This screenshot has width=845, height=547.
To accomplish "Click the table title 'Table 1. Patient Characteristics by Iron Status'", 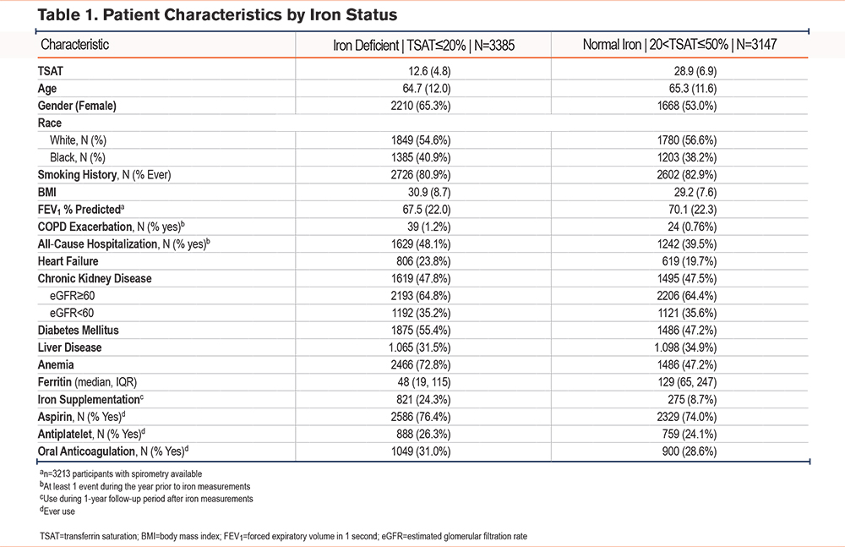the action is (x=217, y=14).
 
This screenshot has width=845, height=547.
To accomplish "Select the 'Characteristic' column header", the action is (x=75, y=44).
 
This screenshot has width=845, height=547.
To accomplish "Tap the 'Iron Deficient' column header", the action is (x=423, y=45).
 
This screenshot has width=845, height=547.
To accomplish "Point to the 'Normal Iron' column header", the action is (x=679, y=44).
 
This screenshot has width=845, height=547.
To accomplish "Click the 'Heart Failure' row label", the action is (x=68, y=261).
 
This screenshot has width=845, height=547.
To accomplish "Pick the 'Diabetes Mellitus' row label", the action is (x=78, y=330).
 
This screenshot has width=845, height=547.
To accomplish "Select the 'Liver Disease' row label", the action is (x=69, y=347).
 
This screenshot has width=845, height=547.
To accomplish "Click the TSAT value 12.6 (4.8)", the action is (x=429, y=71).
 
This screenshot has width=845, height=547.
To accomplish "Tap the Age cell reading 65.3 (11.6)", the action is (x=693, y=89).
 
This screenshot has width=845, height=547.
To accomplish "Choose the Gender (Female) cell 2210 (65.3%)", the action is (x=420, y=106).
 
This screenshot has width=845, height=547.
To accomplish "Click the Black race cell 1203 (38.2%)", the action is (x=686, y=157).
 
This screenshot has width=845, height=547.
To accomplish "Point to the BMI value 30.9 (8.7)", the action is (x=429, y=192).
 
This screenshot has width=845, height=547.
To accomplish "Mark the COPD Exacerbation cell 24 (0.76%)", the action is (x=690, y=227).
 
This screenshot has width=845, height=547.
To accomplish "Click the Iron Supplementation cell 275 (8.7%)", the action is (x=692, y=400).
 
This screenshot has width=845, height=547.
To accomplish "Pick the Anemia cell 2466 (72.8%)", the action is (x=420, y=364).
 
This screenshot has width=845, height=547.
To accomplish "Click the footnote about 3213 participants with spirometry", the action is (x=121, y=473).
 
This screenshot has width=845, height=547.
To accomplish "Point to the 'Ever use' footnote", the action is (x=57, y=511).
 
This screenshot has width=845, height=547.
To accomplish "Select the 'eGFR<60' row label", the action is (x=72, y=313).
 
